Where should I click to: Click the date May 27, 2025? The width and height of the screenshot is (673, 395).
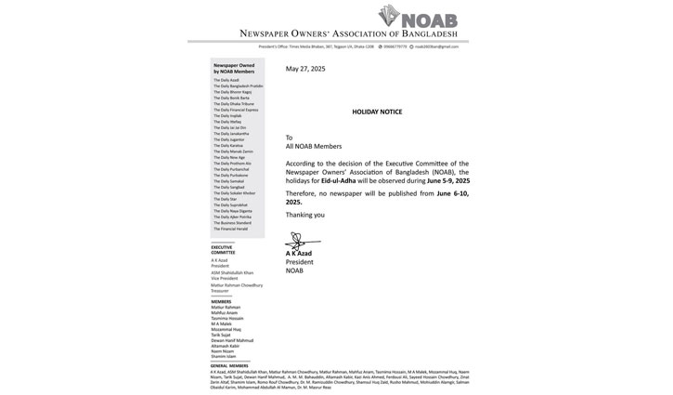click(305, 69)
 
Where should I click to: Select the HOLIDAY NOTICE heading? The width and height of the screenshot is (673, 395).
click(377, 112)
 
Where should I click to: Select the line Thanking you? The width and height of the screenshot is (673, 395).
click(305, 215)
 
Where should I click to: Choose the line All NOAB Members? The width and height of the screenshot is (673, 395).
click(314, 146)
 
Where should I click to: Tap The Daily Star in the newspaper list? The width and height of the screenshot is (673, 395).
click(225, 199)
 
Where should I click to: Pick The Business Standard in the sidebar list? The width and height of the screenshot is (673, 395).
click(232, 223)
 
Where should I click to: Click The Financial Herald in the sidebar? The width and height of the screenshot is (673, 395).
click(230, 229)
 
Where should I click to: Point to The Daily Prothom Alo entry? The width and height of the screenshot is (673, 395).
click(232, 163)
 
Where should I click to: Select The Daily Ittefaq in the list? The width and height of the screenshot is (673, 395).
click(227, 122)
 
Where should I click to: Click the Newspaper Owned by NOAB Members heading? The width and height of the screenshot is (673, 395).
click(234, 68)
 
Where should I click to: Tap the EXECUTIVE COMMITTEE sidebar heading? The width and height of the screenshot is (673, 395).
click(223, 249)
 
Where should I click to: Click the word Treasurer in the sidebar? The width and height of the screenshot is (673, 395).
click(220, 290)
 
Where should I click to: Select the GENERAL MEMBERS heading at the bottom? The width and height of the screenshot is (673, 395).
click(229, 365)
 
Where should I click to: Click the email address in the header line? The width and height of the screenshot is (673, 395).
click(436, 46)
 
